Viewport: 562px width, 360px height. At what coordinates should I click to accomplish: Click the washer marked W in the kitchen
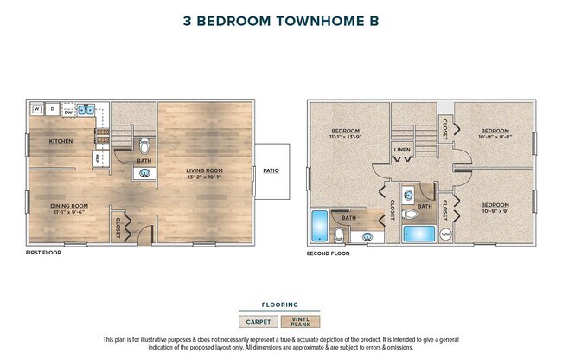pyautogui.click(x=37, y=110)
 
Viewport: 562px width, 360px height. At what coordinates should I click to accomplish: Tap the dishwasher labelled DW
pyautogui.click(x=69, y=110)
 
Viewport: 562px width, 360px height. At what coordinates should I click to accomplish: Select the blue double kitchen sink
pyautogui.click(x=87, y=110)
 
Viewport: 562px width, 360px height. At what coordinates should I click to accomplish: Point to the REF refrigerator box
pyautogui.click(x=98, y=158)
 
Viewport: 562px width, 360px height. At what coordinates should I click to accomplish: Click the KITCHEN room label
pyautogui.click(x=61, y=141)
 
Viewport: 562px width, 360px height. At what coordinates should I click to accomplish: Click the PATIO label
pyautogui.click(x=271, y=170)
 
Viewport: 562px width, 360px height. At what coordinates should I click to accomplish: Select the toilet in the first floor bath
pyautogui.click(x=144, y=145)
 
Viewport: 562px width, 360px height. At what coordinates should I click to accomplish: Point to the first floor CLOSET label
pyautogui.click(x=118, y=227)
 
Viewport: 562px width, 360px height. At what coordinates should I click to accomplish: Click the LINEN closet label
pyautogui.click(x=402, y=150)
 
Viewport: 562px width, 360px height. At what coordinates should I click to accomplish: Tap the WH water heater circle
pyautogui.click(x=446, y=234)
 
